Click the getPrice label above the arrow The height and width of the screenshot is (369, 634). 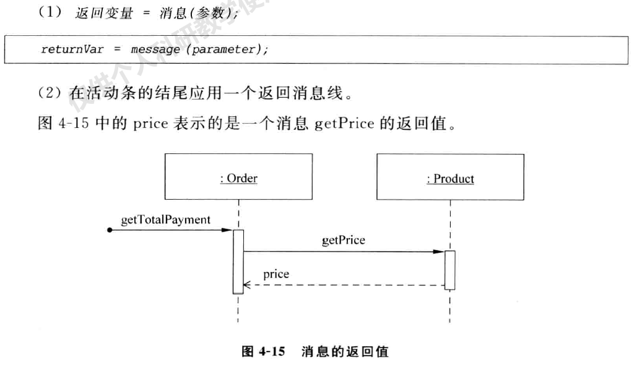point(344,240)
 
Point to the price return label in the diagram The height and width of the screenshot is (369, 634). point(276,274)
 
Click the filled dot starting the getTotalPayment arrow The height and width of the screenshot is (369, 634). point(110,230)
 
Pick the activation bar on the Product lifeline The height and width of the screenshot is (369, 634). point(450,269)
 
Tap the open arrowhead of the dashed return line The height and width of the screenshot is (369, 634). point(247,286)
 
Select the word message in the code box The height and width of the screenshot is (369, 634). point(152,49)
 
